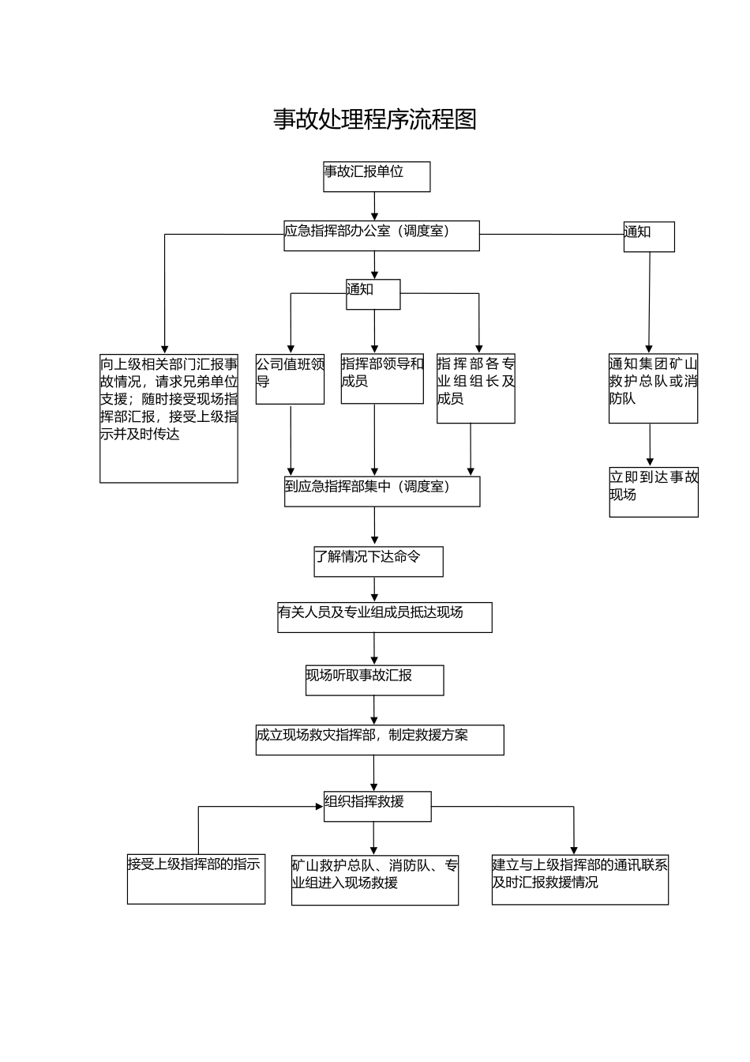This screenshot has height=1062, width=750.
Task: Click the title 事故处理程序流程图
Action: click(375, 119)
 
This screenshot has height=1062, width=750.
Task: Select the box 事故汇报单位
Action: click(377, 176)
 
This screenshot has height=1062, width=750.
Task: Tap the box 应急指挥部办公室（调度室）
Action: click(381, 235)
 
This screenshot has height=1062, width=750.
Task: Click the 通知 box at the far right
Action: click(649, 236)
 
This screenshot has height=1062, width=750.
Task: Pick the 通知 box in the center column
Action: click(373, 294)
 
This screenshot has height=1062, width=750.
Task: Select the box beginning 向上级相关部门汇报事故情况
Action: click(168, 418)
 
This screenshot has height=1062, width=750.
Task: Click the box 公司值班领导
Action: click(290, 379)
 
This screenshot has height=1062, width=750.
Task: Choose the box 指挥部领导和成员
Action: click(382, 379)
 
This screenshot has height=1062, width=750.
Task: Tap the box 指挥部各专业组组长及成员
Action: click(475, 388)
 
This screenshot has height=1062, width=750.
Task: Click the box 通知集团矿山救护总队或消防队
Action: click(653, 388)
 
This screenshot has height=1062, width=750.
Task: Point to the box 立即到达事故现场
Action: click(654, 492)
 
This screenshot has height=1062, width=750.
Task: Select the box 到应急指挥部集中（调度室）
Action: click(381, 491)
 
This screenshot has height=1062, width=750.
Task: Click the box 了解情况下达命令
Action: click(378, 561)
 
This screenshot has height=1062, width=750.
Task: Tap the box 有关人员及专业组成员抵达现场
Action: click(384, 617)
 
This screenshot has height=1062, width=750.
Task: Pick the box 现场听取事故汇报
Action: click(374, 680)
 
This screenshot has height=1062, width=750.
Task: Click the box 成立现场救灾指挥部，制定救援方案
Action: click(379, 740)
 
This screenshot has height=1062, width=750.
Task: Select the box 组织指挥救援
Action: click(377, 806)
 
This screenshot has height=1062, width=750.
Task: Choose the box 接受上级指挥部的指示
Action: click(196, 879)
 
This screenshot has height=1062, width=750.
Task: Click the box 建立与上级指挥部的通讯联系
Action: click(579, 879)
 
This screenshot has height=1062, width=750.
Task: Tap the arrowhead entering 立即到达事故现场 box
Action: click(651, 462)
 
